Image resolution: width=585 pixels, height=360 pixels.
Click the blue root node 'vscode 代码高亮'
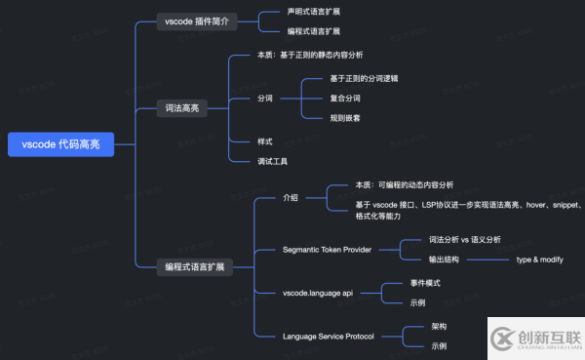59,144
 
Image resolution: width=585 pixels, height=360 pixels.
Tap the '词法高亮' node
181,108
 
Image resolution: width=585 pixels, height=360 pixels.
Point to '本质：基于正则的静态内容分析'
316,56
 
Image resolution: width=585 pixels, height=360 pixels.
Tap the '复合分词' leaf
346,99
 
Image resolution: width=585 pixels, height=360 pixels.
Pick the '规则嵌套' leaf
346,118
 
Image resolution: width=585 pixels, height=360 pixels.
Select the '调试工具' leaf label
272,161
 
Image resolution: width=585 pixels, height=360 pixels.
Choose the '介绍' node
291,196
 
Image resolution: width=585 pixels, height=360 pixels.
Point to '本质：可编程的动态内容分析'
404,184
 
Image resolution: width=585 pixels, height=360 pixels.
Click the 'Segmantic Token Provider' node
327,250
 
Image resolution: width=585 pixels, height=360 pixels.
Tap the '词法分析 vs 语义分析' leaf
464,240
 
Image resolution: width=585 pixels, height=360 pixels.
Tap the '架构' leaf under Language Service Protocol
439,327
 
